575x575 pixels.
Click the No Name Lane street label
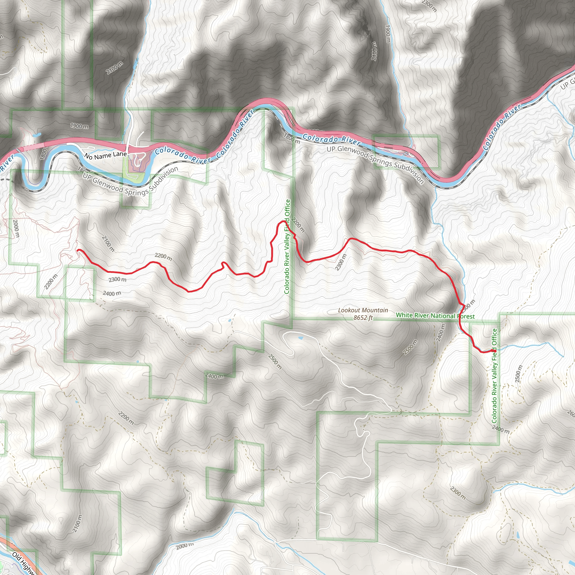coord(106,155)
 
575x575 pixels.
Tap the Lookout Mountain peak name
coord(363,310)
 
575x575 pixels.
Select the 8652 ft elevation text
coord(363,318)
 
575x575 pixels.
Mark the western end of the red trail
coord(78,250)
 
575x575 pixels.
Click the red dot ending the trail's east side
coord(494,351)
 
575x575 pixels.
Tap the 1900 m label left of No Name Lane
coord(79,126)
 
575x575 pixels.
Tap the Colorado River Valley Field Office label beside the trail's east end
coord(494,376)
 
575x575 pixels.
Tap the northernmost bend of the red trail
coord(282,222)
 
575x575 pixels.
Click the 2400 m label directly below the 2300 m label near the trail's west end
coord(112,293)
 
